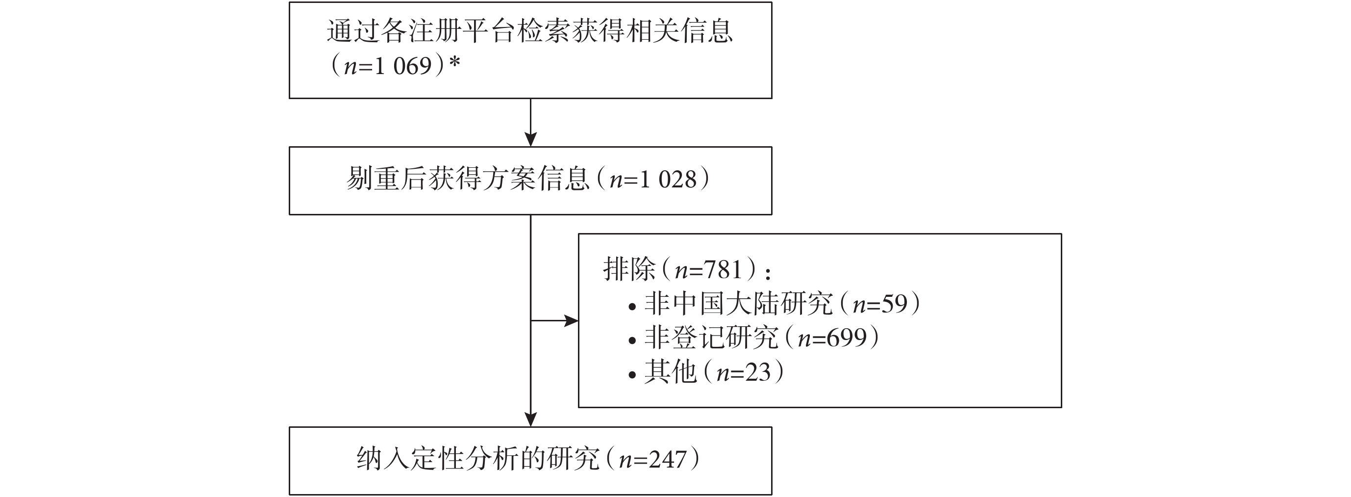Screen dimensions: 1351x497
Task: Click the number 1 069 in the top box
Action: click(x=403, y=66)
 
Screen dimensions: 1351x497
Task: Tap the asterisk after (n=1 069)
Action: click(x=455, y=63)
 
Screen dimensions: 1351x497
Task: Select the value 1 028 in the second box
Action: click(x=669, y=180)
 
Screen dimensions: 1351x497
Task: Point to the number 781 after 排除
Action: click(x=724, y=270)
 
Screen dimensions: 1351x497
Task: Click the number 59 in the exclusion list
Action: click(x=895, y=304)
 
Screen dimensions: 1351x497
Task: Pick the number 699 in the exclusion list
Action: click(x=847, y=338)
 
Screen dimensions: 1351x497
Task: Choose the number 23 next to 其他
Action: click(x=758, y=372)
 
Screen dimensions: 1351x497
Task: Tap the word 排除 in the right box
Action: click(x=629, y=270)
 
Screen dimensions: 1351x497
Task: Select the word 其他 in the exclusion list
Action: click(x=670, y=372)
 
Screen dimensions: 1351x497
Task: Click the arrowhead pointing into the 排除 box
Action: click(x=571, y=321)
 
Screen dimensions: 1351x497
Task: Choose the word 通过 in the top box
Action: click(x=353, y=31)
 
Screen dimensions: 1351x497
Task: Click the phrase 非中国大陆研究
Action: click(x=738, y=304)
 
